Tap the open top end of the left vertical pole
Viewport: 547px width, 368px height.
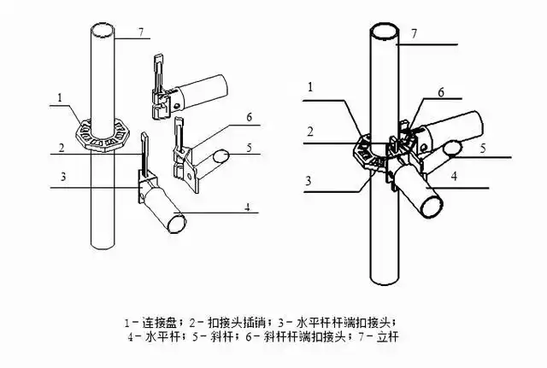(103, 31)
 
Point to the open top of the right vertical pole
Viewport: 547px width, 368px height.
(383, 31)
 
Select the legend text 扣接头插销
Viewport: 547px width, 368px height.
(225, 323)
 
